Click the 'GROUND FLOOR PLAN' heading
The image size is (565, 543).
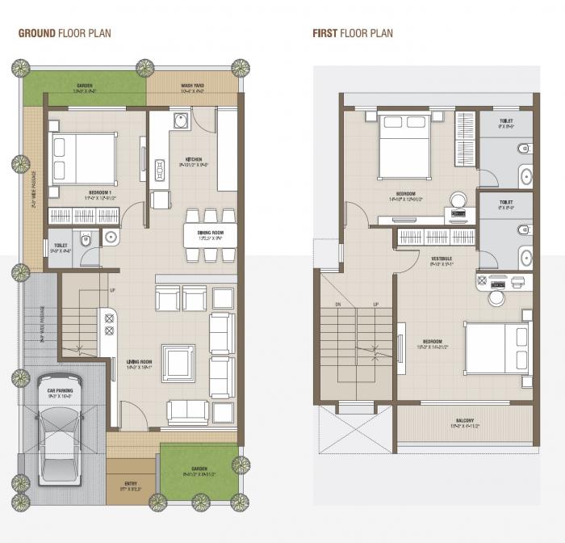click(65, 33)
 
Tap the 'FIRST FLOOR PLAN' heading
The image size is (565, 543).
click(353, 33)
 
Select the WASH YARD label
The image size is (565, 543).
click(192, 86)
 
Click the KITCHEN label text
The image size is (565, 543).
click(194, 159)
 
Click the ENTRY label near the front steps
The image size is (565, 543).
click(131, 485)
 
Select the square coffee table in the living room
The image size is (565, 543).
click(178, 363)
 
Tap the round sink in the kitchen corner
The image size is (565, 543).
click(181, 123)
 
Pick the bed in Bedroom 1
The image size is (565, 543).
click(82, 158)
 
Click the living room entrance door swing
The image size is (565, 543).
click(135, 416)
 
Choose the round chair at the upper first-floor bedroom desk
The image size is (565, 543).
click(458, 200)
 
